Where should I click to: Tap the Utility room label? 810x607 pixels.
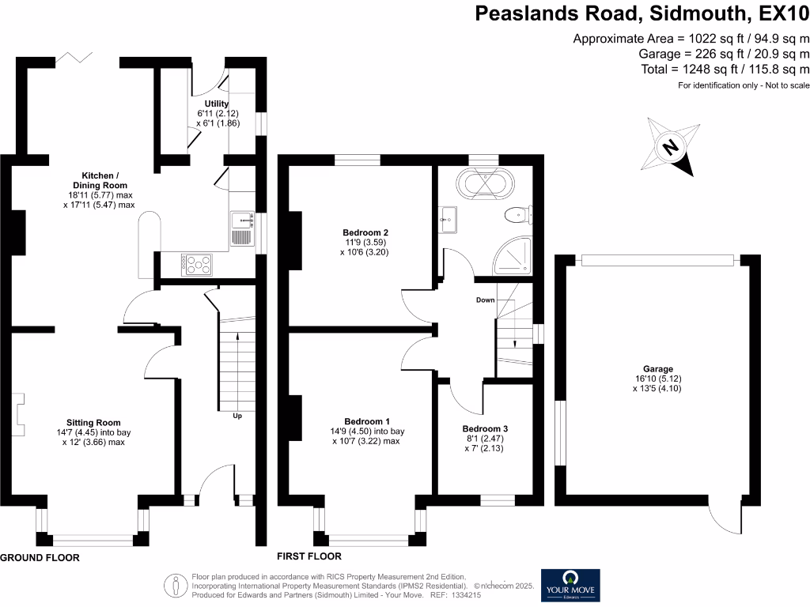click(x=217, y=104)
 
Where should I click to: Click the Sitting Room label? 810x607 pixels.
click(x=93, y=422)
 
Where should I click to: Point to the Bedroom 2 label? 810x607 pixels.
click(x=360, y=232)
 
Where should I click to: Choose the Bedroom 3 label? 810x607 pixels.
click(x=485, y=429)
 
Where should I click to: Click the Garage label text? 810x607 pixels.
click(x=657, y=369)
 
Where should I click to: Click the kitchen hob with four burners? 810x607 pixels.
click(x=196, y=263)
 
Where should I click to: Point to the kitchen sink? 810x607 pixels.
click(x=240, y=228)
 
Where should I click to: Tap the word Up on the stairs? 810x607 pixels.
click(x=237, y=415)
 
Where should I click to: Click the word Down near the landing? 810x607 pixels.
click(x=485, y=300)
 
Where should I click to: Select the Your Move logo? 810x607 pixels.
click(x=570, y=586)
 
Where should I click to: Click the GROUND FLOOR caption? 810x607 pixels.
click(x=40, y=557)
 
